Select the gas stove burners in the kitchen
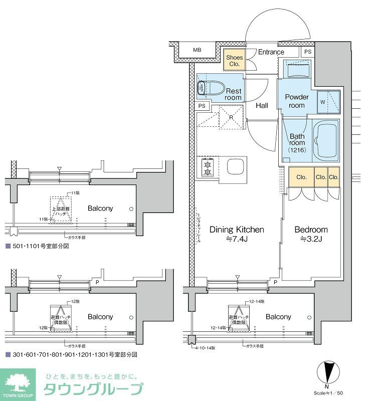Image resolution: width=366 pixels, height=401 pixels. click(x=207, y=167)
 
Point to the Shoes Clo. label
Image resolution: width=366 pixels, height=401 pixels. click(x=234, y=61)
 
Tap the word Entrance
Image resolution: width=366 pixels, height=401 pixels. click(x=271, y=52)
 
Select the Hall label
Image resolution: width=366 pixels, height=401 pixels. click(x=262, y=106)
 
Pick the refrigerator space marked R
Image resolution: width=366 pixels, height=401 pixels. click(x=231, y=118)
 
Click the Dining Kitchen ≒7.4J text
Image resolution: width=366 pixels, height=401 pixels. click(x=236, y=234)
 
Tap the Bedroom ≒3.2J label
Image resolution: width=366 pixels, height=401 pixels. click(x=310, y=234)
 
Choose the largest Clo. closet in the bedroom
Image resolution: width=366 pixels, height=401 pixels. click(x=301, y=177)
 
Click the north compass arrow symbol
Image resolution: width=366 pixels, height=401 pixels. click(x=328, y=373)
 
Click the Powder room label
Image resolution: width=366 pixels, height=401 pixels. click(x=296, y=101)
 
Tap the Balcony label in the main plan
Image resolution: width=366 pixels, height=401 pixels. click(x=278, y=317)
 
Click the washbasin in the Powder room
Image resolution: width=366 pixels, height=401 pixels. click(x=297, y=69)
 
